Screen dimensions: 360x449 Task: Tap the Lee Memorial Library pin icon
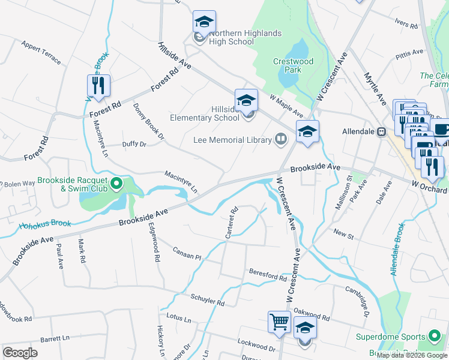280,140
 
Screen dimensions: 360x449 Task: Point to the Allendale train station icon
380,131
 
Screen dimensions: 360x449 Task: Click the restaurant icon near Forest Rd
98,85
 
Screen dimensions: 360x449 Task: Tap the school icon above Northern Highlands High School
204,22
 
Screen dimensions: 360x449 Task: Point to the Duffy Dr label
134,145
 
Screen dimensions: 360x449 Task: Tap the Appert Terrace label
41,53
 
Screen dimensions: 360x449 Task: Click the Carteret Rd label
232,223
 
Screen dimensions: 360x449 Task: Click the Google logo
20,352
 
